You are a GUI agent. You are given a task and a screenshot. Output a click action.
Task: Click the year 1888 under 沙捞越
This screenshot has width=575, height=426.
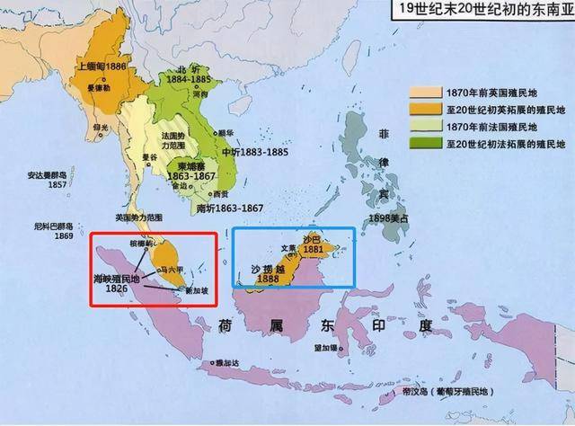click(268, 280)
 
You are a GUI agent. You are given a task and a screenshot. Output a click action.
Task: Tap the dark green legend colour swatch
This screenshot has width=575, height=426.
click(420, 143)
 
